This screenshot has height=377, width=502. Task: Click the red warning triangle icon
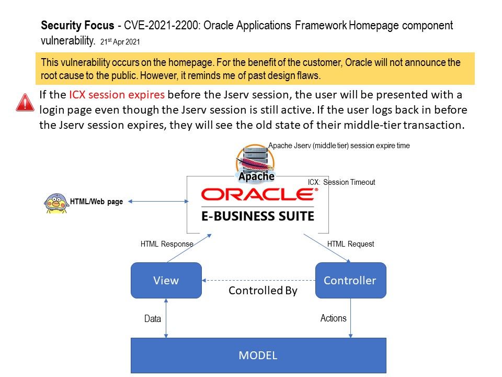pos(25,103)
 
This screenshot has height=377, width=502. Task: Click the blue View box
pos(166,280)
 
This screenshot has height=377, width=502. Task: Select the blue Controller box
pos(350,280)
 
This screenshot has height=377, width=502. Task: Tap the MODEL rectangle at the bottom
pos(258,355)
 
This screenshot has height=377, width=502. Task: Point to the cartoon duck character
pos(56,203)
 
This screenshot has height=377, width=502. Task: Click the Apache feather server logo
pos(256,163)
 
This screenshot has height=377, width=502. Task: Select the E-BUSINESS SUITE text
pos(258,216)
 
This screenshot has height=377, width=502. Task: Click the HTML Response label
pos(167,244)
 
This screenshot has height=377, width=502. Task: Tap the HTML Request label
pos(350,244)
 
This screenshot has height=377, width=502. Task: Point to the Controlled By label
pos(263,291)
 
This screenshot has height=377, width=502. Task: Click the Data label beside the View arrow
pos(152,319)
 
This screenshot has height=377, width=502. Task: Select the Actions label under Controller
pos(333,318)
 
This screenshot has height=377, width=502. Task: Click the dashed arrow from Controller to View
pos(259,280)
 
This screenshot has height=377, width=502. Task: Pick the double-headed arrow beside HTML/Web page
pos(158,201)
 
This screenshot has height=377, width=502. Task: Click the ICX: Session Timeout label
pos(341,182)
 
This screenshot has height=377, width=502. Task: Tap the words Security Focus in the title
pos(77,25)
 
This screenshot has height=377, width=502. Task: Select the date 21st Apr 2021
pos(120,42)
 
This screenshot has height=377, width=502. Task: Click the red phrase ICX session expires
pos(117,95)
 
